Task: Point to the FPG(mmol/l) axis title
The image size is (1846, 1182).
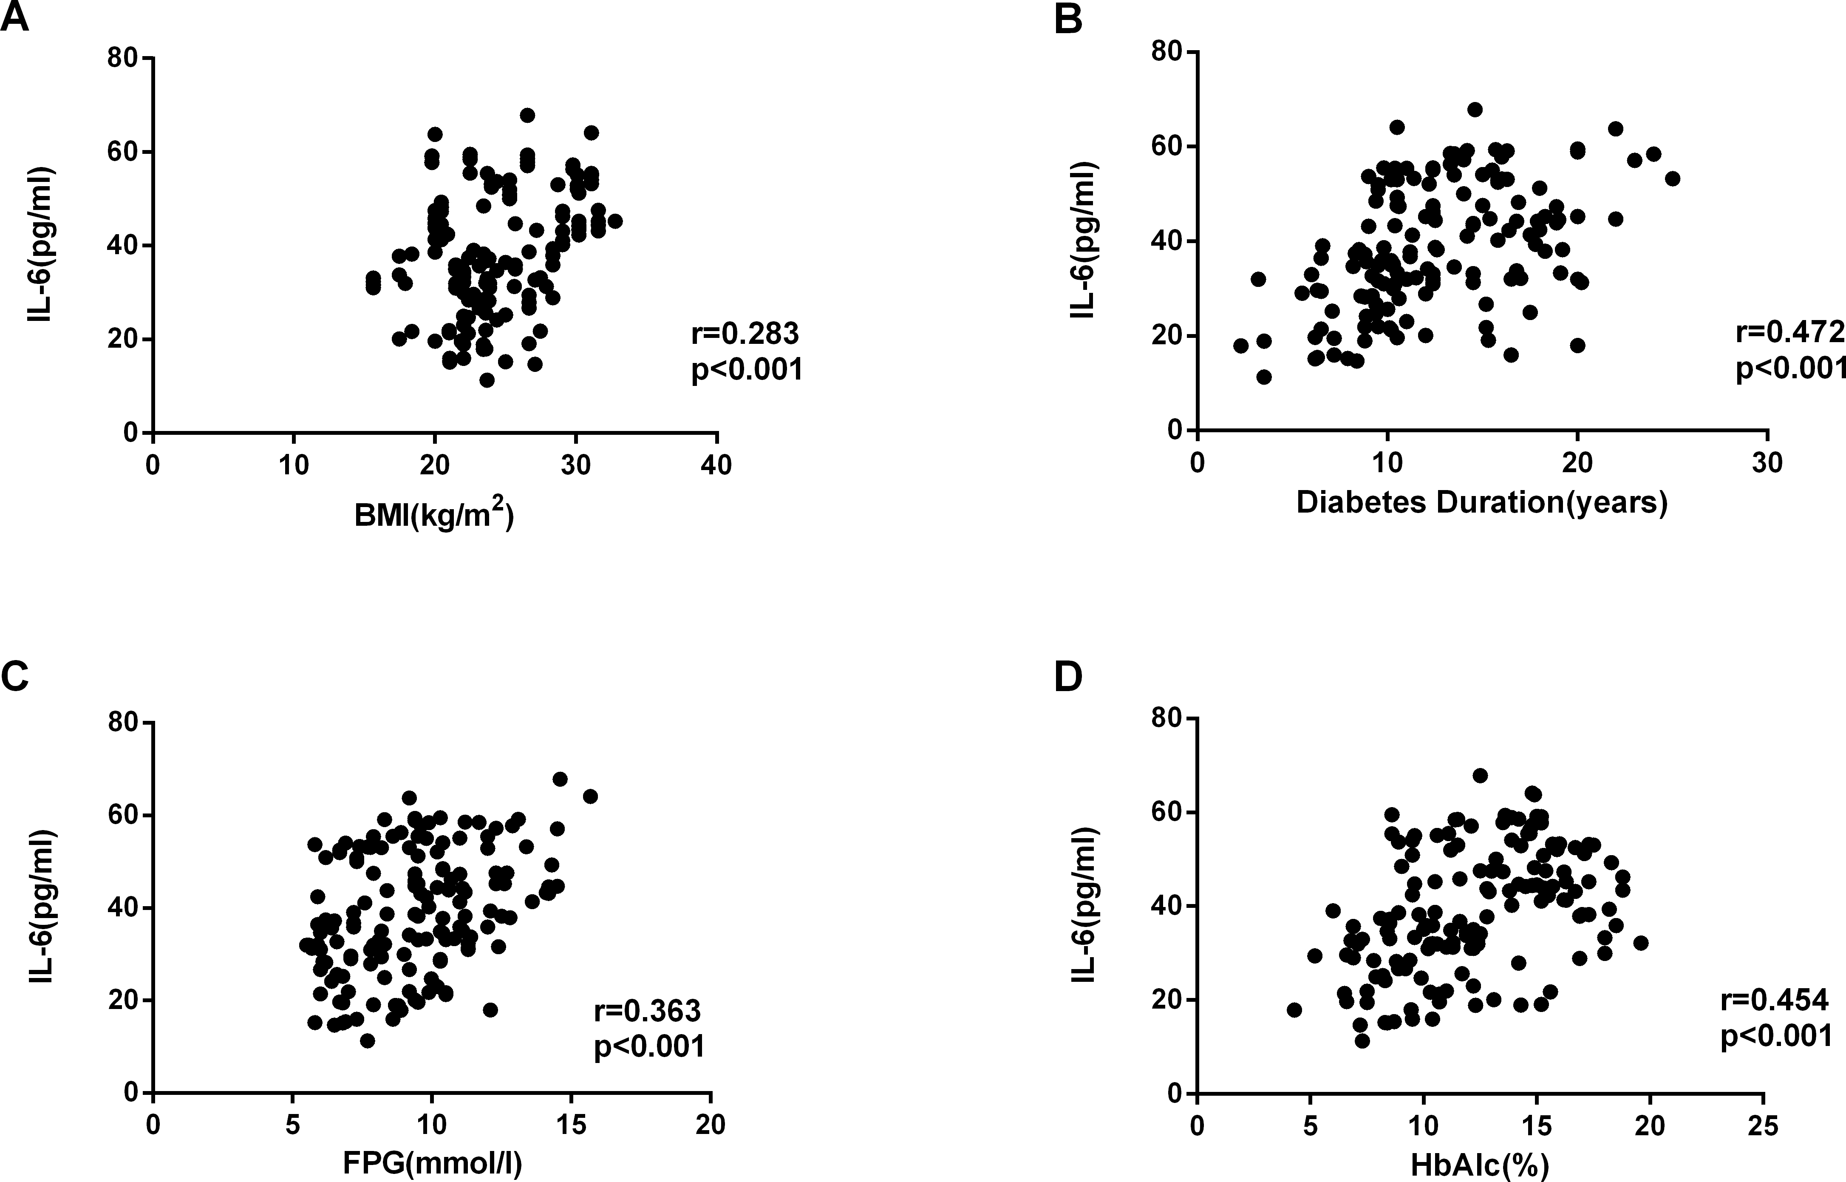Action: click(432, 1164)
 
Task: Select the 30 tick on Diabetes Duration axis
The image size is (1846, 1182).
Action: click(1767, 463)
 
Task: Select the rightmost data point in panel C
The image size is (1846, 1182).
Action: click(590, 796)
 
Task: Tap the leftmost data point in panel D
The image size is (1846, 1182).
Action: click(1294, 1009)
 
